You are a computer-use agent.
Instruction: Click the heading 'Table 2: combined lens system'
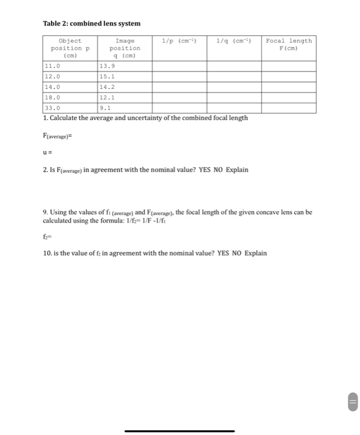click(x=91, y=24)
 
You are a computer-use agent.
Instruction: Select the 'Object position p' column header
click(x=70, y=48)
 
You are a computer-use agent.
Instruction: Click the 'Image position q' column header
click(x=124, y=48)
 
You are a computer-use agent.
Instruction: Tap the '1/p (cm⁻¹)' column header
click(x=179, y=41)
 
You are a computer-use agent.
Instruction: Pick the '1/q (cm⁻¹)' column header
click(x=233, y=41)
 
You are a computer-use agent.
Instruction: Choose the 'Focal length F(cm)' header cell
click(x=288, y=44)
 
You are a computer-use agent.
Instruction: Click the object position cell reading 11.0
click(x=52, y=65)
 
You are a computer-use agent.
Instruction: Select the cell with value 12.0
click(x=52, y=76)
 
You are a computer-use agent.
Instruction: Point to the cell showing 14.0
click(x=52, y=87)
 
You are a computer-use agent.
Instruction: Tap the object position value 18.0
click(x=52, y=98)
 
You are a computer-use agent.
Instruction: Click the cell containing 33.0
click(x=52, y=108)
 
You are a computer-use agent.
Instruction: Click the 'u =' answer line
click(x=47, y=151)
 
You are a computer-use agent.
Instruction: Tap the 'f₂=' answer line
click(x=47, y=236)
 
